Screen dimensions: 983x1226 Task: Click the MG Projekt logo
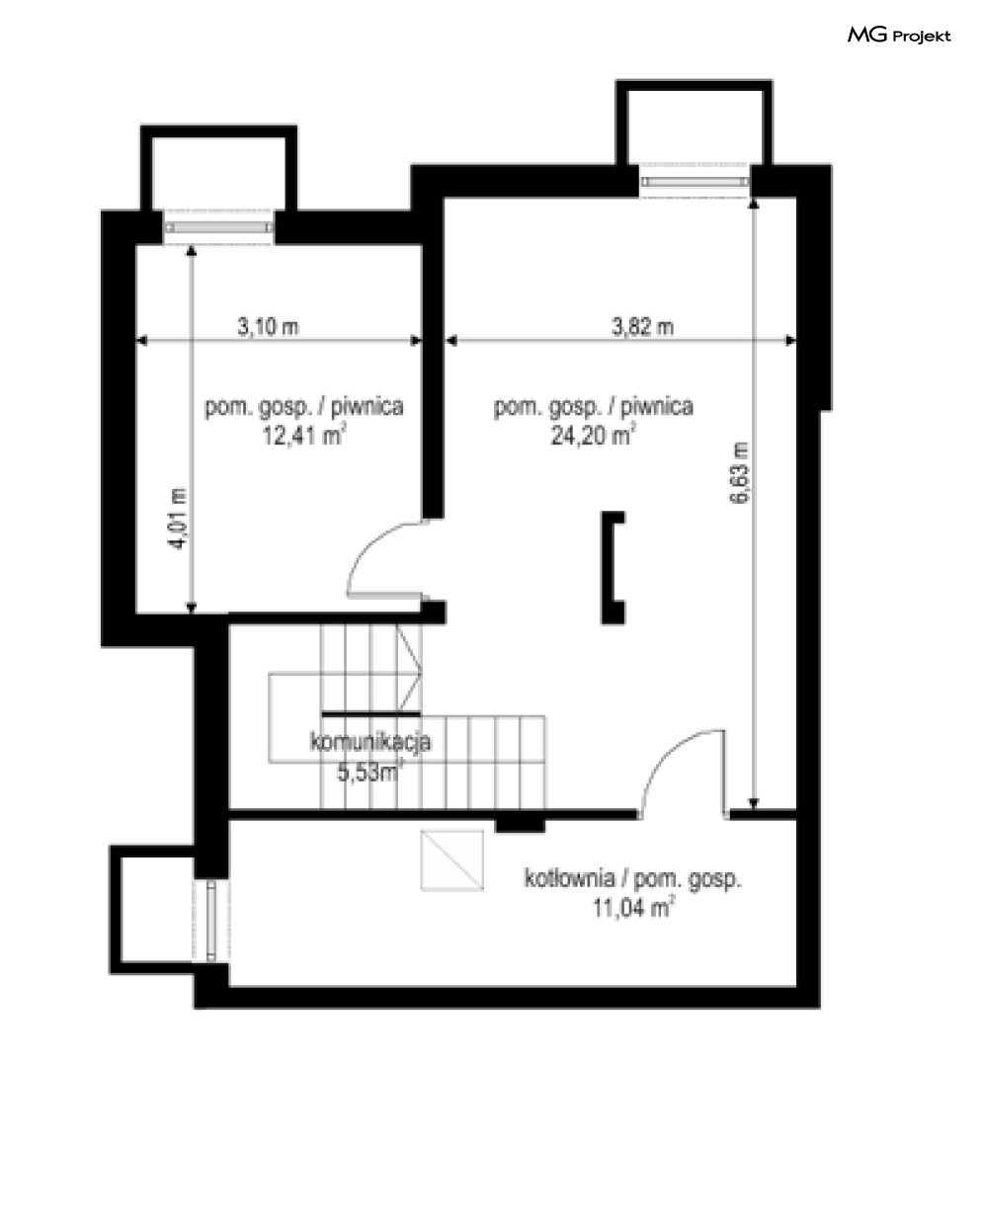coord(899,36)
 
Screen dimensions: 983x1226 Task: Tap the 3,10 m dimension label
coord(268,327)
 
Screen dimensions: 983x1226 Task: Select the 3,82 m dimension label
coord(642,327)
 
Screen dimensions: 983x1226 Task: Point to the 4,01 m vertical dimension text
coord(179,518)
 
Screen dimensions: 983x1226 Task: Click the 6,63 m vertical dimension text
coord(739,473)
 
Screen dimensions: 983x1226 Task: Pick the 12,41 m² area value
coord(303,436)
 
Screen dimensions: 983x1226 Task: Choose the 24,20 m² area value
coord(593,436)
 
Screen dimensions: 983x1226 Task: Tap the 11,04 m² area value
coord(633,908)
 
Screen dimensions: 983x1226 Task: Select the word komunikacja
coord(370,742)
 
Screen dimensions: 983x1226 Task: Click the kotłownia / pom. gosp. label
coord(633,878)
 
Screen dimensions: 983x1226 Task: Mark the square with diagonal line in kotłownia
coord(451,860)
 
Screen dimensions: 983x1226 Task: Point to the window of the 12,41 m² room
coord(218,227)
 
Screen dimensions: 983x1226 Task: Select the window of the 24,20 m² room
coord(695,182)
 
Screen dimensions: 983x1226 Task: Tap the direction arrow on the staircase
coord(410,667)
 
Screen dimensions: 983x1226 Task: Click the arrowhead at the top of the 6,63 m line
coord(754,204)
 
